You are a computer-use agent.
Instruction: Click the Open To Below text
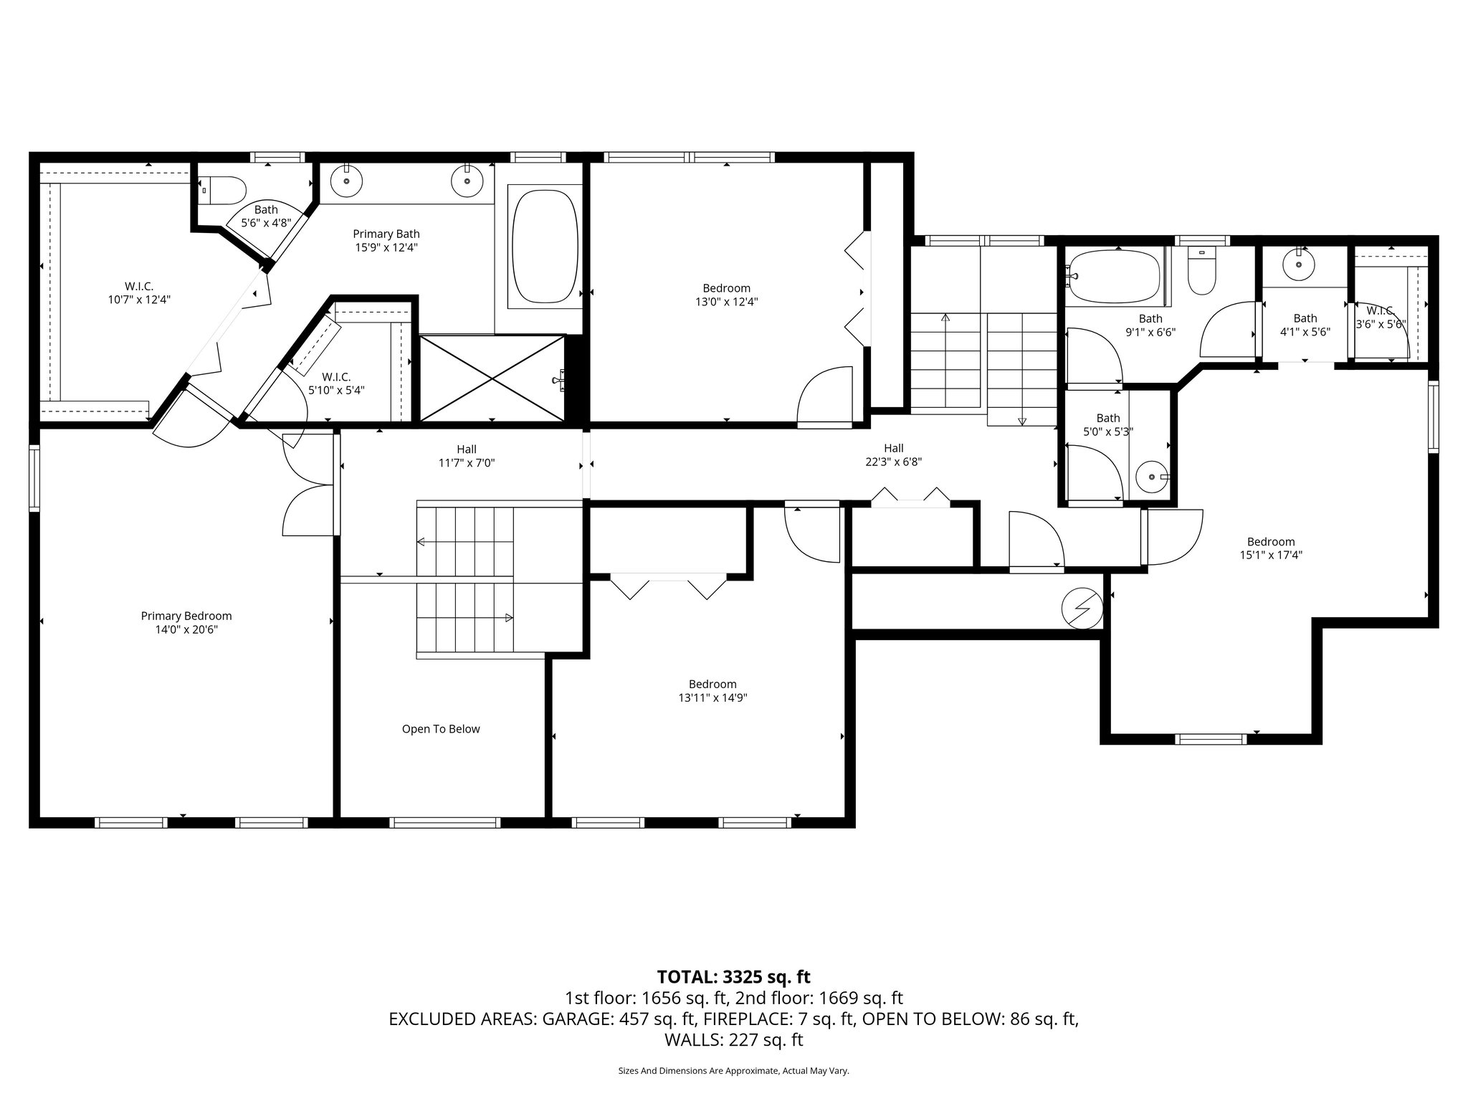441,729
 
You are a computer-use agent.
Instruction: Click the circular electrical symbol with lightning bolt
1081,608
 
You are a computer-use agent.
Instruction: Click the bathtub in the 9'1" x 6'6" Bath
1113,277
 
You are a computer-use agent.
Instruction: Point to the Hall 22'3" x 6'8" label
893,455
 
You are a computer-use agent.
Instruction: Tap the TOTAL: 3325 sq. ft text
733,977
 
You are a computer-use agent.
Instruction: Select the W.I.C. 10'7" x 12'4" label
139,293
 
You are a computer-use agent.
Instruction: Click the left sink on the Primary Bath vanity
348,181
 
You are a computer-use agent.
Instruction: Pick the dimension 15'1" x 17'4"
1271,554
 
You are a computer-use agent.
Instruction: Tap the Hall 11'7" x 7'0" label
467,456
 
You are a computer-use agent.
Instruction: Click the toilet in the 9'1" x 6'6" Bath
1202,275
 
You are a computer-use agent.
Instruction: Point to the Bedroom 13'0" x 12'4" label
726,295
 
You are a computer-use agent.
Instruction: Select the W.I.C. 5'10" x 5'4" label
336,383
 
